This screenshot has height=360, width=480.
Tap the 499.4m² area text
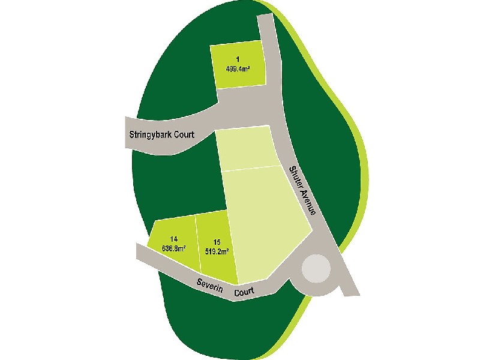point(238,68)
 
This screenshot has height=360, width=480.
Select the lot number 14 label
point(173,238)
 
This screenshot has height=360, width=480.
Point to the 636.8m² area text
point(173,247)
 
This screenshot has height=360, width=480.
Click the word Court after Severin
point(244,292)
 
